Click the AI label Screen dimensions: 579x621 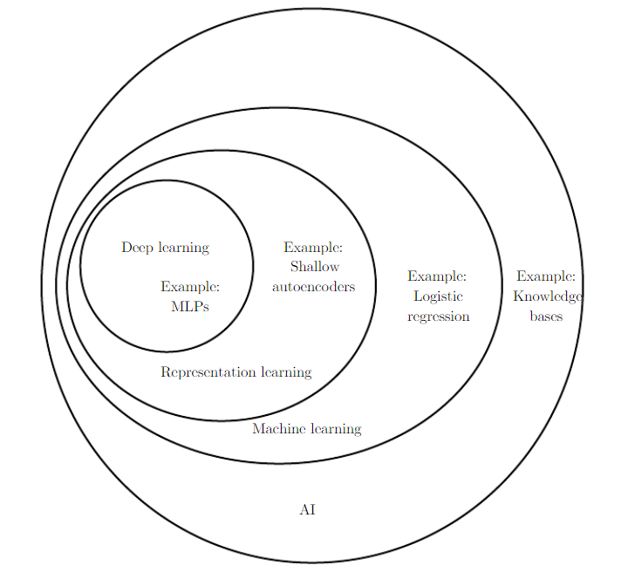click(307, 509)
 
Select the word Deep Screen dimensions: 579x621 click(137, 248)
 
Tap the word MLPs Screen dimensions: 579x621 click(190, 306)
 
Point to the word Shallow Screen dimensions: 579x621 click(314, 267)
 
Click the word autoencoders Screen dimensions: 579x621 click(313, 286)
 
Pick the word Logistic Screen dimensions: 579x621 click(438, 296)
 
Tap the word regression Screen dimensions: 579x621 click(438, 316)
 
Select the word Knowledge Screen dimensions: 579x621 click(547, 296)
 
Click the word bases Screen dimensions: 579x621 click(546, 316)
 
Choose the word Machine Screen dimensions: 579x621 click(278, 428)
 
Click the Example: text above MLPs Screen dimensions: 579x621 click(190, 286)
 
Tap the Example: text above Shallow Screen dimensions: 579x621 click(313, 248)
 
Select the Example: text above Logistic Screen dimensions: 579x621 click(437, 276)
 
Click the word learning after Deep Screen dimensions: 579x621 click(183, 248)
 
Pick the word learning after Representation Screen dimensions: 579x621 click(286, 372)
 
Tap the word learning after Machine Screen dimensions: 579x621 click(335, 428)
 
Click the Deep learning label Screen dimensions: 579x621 click(165, 248)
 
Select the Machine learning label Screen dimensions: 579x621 click(306, 428)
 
